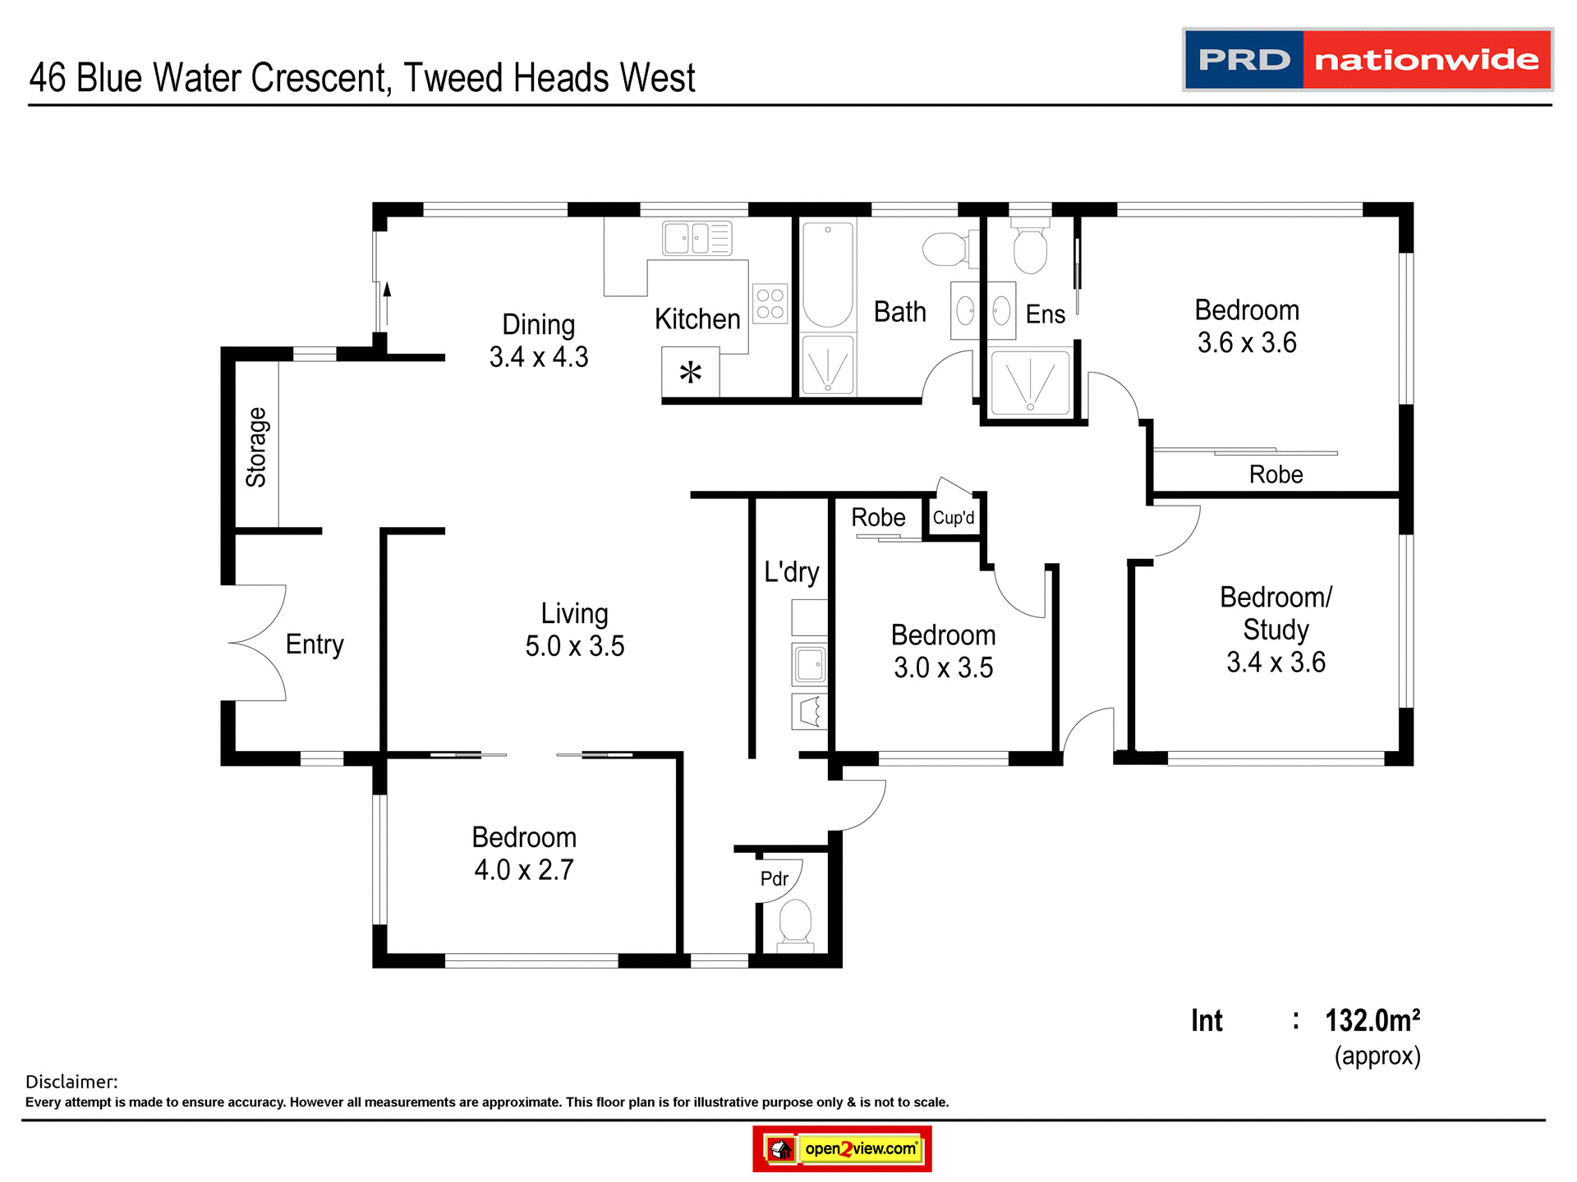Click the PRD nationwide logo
(x=1367, y=60)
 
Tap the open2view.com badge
(x=842, y=1148)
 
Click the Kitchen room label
(x=697, y=319)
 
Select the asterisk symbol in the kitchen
(x=691, y=373)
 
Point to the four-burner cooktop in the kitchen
(x=770, y=304)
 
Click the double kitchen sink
(x=697, y=239)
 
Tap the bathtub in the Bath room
(x=828, y=275)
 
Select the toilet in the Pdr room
(x=795, y=923)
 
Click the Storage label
(x=256, y=447)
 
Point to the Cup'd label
(x=954, y=518)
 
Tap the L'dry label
(x=791, y=571)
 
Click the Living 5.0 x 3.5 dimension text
(x=575, y=646)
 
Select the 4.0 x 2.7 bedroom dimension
(x=524, y=870)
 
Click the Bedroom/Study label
(x=1276, y=613)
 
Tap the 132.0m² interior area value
(x=1372, y=1021)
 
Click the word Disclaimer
(x=71, y=1082)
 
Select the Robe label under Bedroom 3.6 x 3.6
(x=1276, y=474)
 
